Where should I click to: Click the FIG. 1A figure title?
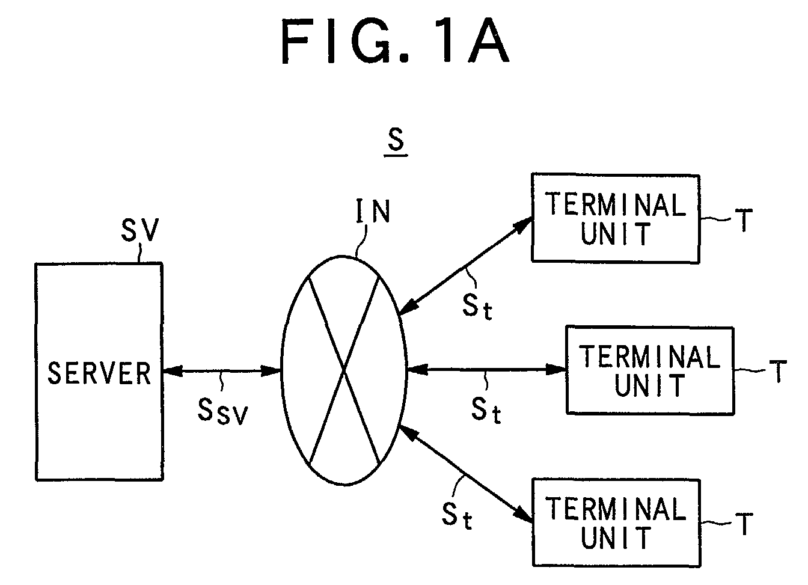[396, 41]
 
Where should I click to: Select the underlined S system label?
[396, 142]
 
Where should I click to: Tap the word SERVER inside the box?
[99, 373]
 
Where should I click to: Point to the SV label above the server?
[140, 230]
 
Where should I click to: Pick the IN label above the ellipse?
[373, 212]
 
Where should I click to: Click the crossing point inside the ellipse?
[344, 370]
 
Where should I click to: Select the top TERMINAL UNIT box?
[616, 218]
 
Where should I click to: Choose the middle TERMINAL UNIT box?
[650, 371]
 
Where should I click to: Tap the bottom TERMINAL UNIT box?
[616, 523]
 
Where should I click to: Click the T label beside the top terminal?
[744, 219]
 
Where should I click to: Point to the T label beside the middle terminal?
[778, 371]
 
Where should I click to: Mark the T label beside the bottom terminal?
[744, 524]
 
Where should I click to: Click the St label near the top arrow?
[477, 306]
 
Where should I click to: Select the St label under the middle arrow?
[486, 411]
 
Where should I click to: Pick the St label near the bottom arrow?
[457, 516]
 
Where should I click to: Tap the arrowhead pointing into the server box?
[173, 370]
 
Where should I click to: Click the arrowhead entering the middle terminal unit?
[556, 370]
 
